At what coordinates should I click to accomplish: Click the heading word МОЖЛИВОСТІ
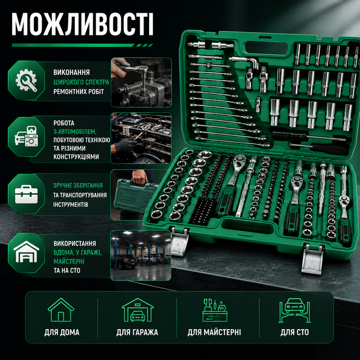tap(83, 25)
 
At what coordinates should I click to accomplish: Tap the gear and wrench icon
tap(26, 81)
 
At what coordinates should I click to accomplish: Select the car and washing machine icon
tap(26, 136)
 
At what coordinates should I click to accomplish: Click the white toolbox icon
tap(26, 194)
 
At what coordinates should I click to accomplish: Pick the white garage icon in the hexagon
tap(26, 252)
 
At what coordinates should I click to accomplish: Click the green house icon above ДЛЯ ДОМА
tap(61, 310)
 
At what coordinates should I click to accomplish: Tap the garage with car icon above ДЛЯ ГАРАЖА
tap(137, 310)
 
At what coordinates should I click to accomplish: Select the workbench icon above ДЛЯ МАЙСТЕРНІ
tap(215, 310)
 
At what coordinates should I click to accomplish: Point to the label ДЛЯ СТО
tap(294, 332)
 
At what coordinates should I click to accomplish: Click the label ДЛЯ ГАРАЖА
tap(137, 332)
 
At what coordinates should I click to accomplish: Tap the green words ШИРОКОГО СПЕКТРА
tap(81, 82)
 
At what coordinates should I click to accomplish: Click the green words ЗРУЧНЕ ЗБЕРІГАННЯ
tap(78, 185)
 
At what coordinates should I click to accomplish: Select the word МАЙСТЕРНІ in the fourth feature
tap(69, 262)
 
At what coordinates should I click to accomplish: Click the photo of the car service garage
tap(141, 255)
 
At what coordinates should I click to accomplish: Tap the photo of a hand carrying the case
tap(135, 195)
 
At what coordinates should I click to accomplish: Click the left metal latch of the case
tap(180, 241)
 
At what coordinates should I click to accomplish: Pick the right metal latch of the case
tap(313, 259)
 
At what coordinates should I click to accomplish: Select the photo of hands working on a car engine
tap(141, 138)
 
